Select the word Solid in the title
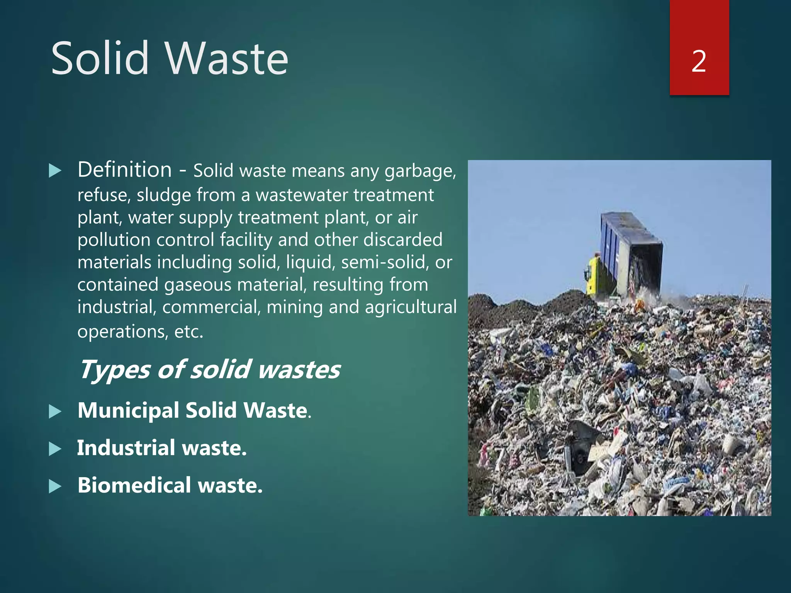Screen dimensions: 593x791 click(x=100, y=59)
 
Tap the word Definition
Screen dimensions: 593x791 click(x=124, y=170)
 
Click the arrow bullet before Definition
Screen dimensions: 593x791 click(x=55, y=171)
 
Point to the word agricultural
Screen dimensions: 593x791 click(x=411, y=307)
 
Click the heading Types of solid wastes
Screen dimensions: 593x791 click(x=209, y=369)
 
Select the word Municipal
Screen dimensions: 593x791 click(x=128, y=410)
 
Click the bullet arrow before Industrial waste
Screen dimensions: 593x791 click(x=55, y=449)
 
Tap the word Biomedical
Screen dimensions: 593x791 click(x=134, y=485)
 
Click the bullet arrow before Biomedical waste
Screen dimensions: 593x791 click(x=55, y=486)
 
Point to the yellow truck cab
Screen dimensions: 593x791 click(x=592, y=276)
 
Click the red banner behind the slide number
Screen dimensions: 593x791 click(x=699, y=23)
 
